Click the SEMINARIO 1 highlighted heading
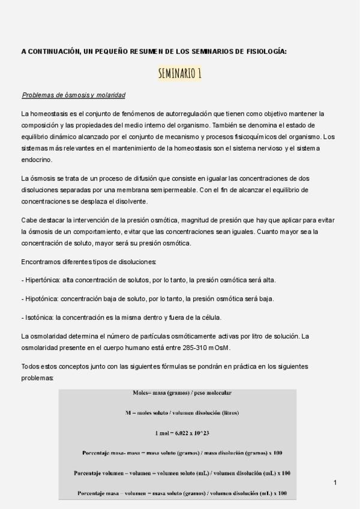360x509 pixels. (x=180, y=74)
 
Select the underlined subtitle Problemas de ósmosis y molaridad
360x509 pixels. (x=73, y=95)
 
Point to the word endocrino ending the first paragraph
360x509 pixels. (x=37, y=160)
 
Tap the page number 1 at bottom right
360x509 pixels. (x=335, y=483)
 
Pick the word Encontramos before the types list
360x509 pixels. (x=43, y=262)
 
